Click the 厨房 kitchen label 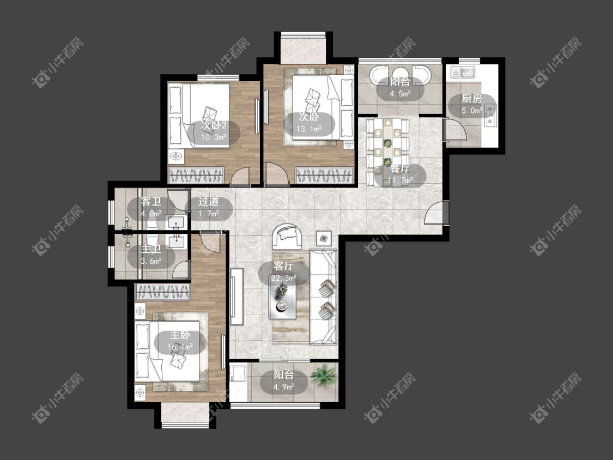pyautogui.click(x=471, y=99)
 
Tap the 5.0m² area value pyautogui.click(x=471, y=111)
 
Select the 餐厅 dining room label pyautogui.click(x=399, y=169)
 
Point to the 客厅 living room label pyautogui.click(x=283, y=267)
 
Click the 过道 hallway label pyautogui.click(x=208, y=202)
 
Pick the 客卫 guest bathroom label pyautogui.click(x=151, y=202)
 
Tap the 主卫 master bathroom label pyautogui.click(x=151, y=249)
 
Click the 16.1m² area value pyautogui.click(x=180, y=347)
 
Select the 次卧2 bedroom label pyautogui.click(x=214, y=125)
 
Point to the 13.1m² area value pyautogui.click(x=309, y=128)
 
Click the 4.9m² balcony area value pyautogui.click(x=284, y=387)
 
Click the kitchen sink pyautogui.click(x=463, y=72)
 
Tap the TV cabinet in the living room pyautogui.click(x=236, y=296)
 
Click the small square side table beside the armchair pyautogui.click(x=324, y=238)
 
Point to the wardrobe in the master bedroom pyautogui.click(x=162, y=292)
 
